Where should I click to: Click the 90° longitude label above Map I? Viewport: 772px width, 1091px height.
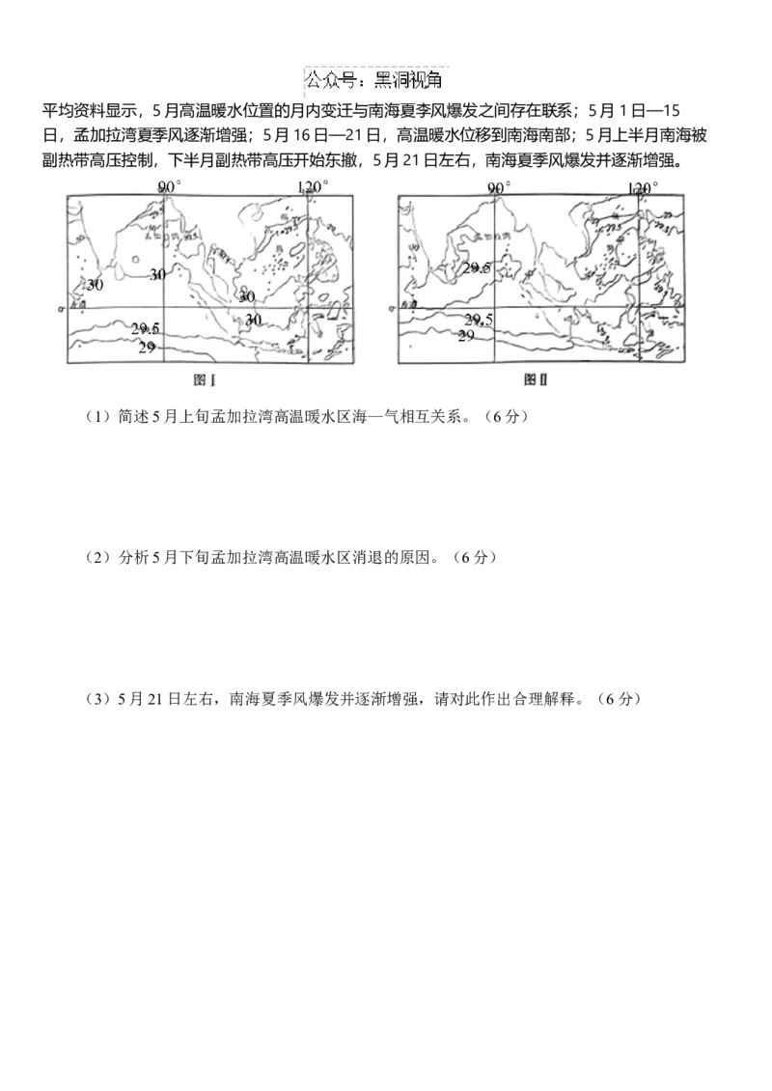[x=170, y=186]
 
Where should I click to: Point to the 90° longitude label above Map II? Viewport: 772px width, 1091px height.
[x=499, y=187]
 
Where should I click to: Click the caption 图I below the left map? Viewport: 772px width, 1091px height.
[x=204, y=380]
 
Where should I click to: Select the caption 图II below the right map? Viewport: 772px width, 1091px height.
[x=536, y=380]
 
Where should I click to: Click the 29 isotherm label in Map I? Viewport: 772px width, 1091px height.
[x=147, y=347]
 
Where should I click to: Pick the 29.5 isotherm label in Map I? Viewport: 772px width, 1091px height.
[x=145, y=329]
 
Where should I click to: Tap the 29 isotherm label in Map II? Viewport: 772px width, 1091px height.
[x=466, y=335]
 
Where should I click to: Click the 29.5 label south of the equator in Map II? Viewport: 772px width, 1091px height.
[x=479, y=320]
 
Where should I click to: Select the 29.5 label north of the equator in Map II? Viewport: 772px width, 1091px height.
[x=476, y=268]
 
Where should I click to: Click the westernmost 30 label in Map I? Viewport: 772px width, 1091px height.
[x=95, y=285]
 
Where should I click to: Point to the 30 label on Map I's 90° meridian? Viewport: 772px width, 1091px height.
[x=157, y=274]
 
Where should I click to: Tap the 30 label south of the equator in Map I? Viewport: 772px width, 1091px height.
[x=253, y=319]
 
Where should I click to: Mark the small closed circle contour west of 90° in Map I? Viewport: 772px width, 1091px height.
[x=135, y=260]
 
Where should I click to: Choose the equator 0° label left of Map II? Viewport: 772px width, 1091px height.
[x=393, y=308]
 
